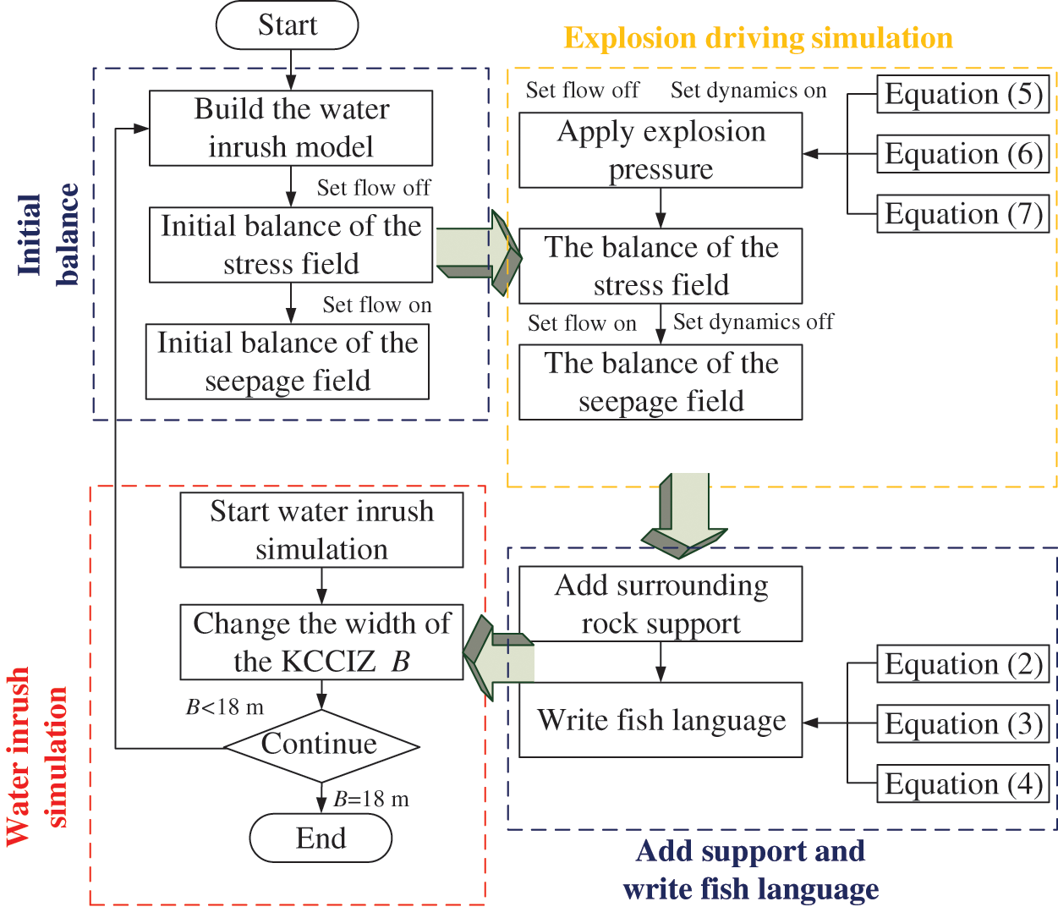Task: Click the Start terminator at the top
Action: click(288, 25)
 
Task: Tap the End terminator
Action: click(321, 838)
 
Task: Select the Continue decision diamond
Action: click(321, 745)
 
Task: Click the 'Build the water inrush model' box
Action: click(291, 128)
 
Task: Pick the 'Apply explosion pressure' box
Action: click(661, 150)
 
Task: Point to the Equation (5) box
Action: click(962, 94)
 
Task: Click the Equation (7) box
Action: click(962, 214)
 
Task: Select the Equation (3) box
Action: click(962, 724)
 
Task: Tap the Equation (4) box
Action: click(962, 784)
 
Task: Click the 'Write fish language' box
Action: click(661, 720)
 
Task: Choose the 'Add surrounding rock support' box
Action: click(661, 604)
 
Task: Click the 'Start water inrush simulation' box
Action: click(321, 530)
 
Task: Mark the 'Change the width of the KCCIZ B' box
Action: click(321, 642)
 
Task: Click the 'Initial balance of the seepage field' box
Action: click(288, 361)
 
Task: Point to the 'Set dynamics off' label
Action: click(753, 322)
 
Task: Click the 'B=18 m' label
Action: click(371, 799)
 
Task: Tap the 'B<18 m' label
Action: click(225, 706)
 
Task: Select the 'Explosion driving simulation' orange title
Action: click(758, 38)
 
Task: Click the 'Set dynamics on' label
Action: click(748, 91)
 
